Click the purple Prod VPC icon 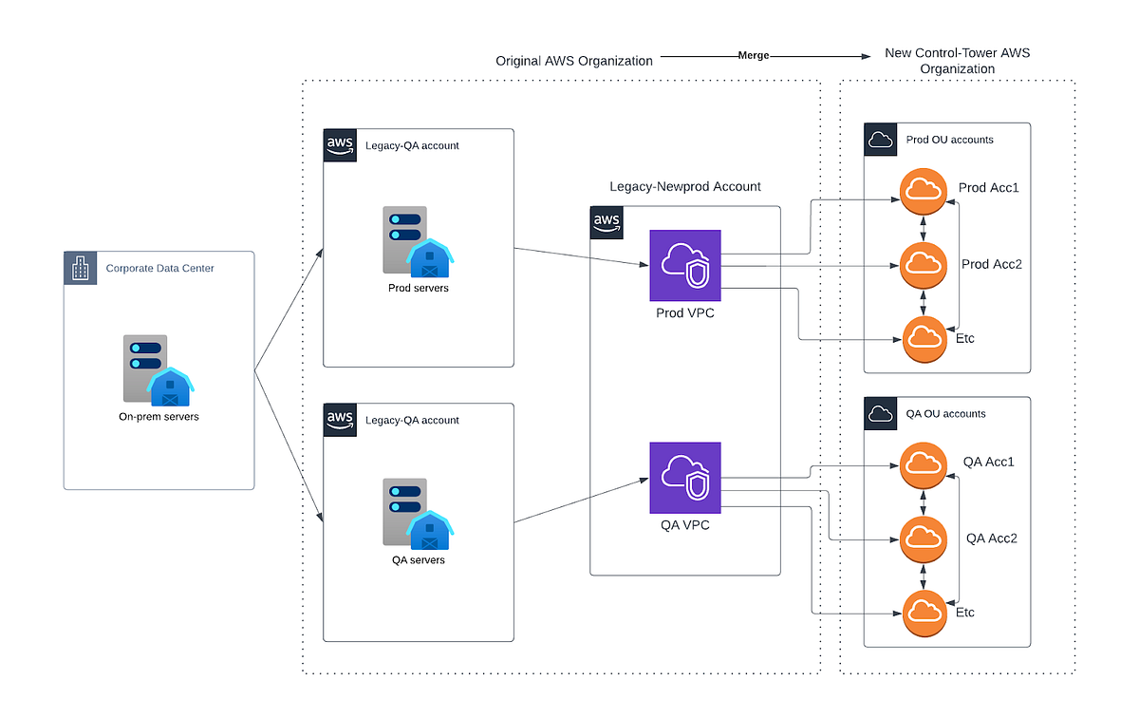(685, 265)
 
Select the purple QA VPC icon (685, 477)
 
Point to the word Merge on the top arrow (754, 56)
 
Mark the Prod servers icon (419, 241)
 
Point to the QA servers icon (419, 515)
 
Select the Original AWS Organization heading (574, 61)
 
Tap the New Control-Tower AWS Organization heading (957, 61)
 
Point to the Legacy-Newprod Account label (684, 187)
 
